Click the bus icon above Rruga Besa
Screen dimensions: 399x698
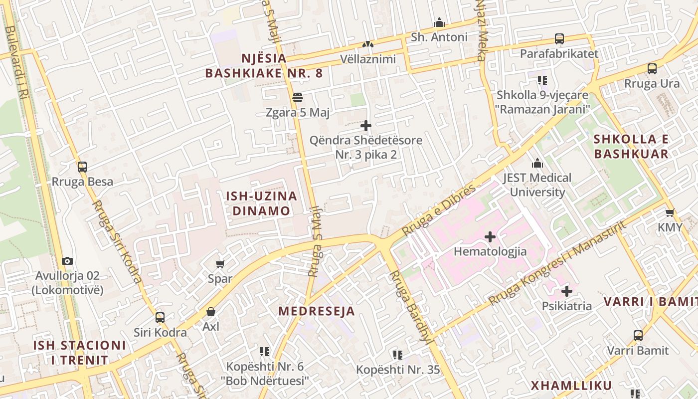82,167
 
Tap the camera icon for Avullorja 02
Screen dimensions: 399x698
67,261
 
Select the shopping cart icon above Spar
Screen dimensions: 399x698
220,264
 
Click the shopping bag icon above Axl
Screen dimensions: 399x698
211,312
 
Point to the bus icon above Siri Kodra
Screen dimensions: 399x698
160,317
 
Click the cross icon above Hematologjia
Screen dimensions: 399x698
490,236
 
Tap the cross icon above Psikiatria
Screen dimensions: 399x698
567,291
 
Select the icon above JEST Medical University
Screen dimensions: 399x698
537,163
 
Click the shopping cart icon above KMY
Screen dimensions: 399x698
670,212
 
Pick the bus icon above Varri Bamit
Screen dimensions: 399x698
638,336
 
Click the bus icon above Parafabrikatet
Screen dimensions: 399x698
559,39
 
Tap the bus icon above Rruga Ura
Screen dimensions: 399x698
652,69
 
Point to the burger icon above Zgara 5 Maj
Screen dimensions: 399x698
298,98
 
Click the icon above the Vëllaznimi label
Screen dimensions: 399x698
368,44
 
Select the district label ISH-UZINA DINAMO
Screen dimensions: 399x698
262,203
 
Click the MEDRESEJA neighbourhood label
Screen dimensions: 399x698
317,311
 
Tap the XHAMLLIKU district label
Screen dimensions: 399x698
571,386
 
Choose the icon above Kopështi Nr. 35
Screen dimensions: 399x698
397,355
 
